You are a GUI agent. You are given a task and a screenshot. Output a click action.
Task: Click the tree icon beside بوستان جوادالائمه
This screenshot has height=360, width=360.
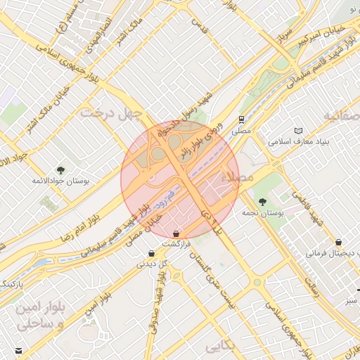pos(60,169)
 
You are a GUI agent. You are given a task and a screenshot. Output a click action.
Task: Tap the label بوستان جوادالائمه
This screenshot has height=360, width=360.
pos(60,181)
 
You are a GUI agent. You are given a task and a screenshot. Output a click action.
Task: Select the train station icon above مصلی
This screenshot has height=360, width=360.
pos(241,119)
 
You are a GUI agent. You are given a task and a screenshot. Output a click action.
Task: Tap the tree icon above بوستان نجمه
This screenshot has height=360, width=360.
pos(263,201)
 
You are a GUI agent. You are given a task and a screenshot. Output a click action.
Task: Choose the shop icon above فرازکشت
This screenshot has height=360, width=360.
pos(175,233)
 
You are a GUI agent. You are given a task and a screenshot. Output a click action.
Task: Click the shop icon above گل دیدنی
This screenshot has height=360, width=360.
pos(152,253)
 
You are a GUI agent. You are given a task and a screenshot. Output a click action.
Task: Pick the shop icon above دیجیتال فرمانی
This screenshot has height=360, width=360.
pos(339,241)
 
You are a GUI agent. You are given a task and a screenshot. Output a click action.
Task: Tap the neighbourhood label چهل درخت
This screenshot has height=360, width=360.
pos(110,112)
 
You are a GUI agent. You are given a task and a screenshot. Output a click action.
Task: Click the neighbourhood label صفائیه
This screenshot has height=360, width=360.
pos(342,115)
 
